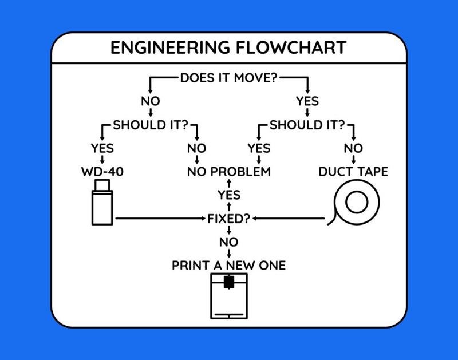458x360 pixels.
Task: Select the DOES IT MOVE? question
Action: click(x=228, y=78)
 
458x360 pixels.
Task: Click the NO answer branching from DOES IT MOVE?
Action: click(x=150, y=101)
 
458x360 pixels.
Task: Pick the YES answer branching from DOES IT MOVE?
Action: click(x=307, y=101)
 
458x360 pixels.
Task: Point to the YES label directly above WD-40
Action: click(x=102, y=148)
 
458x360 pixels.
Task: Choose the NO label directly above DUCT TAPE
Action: click(x=353, y=148)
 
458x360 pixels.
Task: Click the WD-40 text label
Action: click(x=102, y=172)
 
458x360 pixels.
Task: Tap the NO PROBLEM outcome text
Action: click(x=229, y=172)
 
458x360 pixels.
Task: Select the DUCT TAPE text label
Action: click(x=353, y=172)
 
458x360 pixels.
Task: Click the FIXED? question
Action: click(x=229, y=219)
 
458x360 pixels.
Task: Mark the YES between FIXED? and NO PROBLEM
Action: click(x=229, y=195)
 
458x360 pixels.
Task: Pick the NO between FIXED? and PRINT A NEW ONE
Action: click(x=229, y=242)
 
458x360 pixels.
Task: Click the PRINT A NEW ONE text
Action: click(x=229, y=266)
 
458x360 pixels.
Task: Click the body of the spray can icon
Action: click(x=102, y=207)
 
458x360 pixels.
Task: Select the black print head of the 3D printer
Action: click(x=229, y=282)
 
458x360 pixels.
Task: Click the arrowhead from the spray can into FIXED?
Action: click(x=203, y=219)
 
